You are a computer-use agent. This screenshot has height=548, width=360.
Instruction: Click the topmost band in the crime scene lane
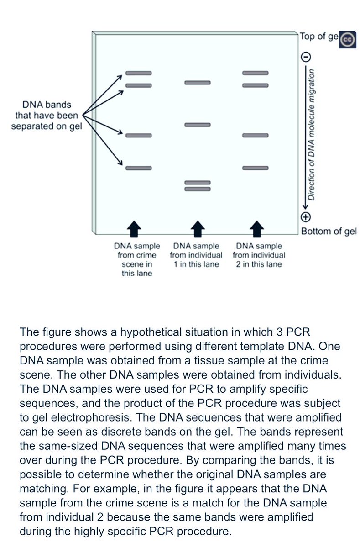point(138,73)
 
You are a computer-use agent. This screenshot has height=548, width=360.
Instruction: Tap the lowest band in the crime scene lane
point(138,168)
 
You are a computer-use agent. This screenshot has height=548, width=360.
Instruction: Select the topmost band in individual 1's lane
point(197,83)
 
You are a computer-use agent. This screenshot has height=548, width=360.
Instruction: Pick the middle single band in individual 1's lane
point(197,125)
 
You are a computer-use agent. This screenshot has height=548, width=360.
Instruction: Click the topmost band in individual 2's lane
point(256,73)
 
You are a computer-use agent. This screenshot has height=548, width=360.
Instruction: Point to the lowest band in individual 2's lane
point(256,168)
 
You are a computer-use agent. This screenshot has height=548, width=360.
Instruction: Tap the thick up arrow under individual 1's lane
point(197,229)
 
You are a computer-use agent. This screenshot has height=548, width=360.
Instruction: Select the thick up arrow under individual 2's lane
point(257,229)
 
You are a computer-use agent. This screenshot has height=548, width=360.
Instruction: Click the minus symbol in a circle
point(306,57)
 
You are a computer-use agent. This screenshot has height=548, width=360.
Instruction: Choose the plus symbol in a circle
point(306,217)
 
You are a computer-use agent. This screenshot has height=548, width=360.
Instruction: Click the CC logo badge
point(347,40)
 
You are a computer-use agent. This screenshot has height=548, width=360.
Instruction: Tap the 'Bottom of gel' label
point(328,231)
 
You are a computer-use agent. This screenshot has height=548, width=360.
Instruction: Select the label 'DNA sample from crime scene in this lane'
point(137,260)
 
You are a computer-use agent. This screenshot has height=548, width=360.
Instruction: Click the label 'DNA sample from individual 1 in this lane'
point(196,255)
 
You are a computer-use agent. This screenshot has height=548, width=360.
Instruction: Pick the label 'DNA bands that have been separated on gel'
point(46,116)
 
